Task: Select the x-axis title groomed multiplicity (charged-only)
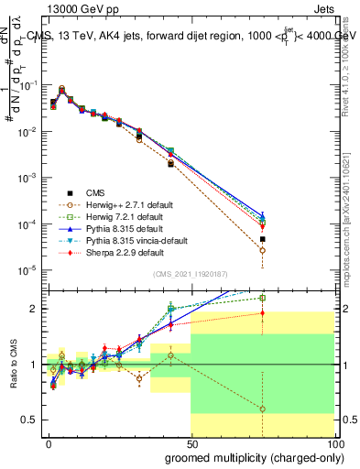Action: click(x=250, y=455)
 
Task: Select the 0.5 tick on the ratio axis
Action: click(x=31, y=420)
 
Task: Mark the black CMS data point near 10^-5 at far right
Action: click(x=262, y=239)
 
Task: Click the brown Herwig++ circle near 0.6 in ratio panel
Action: click(x=262, y=409)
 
